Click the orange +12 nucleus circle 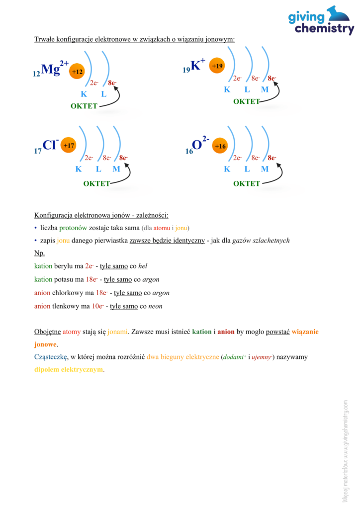point(77,72)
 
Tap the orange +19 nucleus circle point(217,66)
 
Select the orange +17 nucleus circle point(69,146)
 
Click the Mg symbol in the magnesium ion point(50,70)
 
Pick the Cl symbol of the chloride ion point(49,145)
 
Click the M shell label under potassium point(265,90)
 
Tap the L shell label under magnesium point(103,94)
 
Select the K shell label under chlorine point(79,169)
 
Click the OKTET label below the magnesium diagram point(84,106)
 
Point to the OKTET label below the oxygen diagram point(247,183)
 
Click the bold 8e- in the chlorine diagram point(123,158)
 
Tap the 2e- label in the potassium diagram point(237,78)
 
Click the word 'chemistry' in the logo point(324,29)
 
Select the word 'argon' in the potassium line point(150,279)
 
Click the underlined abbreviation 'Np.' point(39,253)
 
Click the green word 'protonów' point(73,228)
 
